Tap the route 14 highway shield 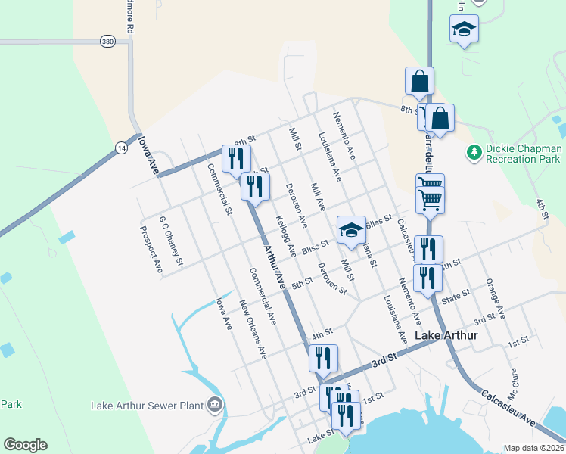(120, 148)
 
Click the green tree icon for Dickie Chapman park (474, 154)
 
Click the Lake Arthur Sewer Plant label (148, 406)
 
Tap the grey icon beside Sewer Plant (216, 405)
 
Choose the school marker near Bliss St (350, 229)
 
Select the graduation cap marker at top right (463, 30)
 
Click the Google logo (25, 445)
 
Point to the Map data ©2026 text (533, 448)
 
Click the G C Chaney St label (171, 241)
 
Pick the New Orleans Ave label (253, 328)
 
